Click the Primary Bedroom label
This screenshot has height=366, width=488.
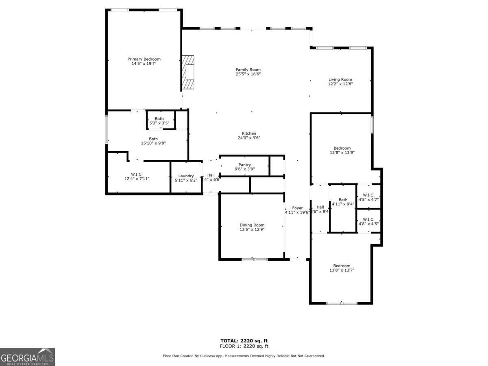(x=144, y=59)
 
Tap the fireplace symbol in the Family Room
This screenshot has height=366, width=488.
(x=188, y=72)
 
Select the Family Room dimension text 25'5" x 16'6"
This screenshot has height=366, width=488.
(x=248, y=74)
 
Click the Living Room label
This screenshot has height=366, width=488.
(x=340, y=80)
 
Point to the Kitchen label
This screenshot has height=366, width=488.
(x=249, y=133)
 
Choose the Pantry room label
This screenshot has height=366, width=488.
(x=244, y=165)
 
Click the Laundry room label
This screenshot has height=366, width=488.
(x=186, y=176)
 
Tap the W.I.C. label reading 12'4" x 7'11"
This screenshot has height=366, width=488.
(x=137, y=179)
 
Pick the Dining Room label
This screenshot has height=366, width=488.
(x=252, y=225)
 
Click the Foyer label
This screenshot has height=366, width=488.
(x=297, y=208)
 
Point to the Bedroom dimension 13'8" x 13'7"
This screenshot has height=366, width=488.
(x=342, y=270)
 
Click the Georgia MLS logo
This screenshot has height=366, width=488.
(x=27, y=357)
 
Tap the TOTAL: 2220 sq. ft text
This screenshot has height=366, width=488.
(x=244, y=341)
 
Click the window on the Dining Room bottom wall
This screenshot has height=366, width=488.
(x=255, y=259)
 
